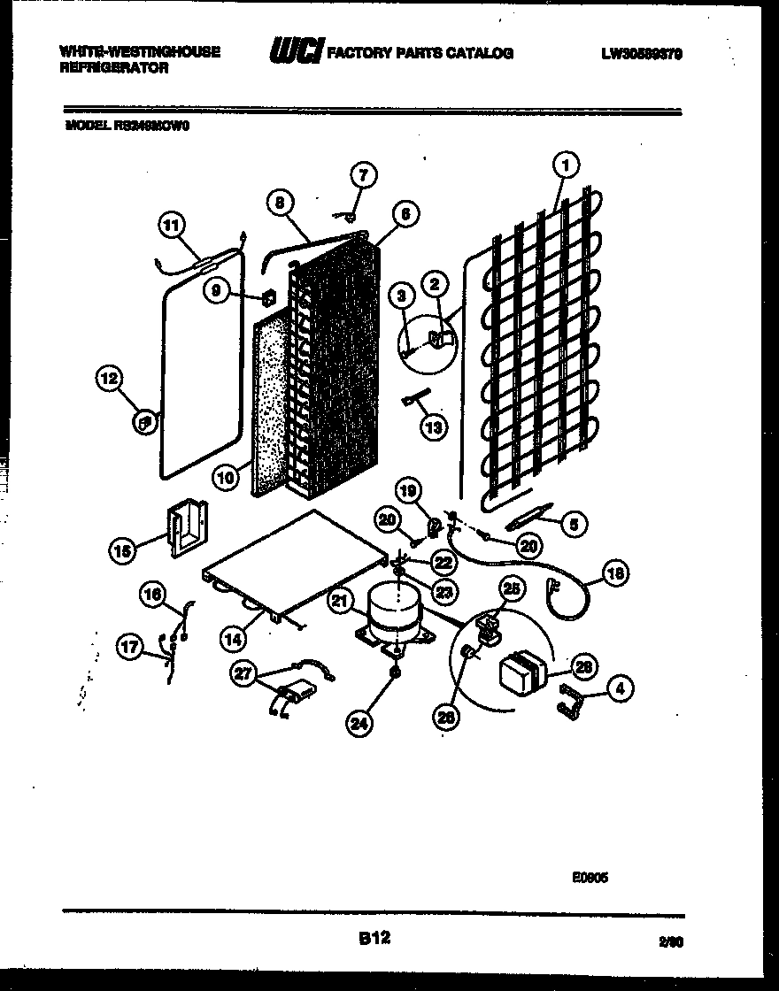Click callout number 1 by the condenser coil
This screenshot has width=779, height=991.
pyautogui.click(x=566, y=163)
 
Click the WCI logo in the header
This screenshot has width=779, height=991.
pyautogui.click(x=296, y=52)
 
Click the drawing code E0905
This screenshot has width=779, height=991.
pyautogui.click(x=590, y=879)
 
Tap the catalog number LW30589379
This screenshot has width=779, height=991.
pyautogui.click(x=641, y=53)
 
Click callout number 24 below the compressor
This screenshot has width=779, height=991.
pyautogui.click(x=359, y=725)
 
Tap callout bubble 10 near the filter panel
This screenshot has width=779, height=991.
pyautogui.click(x=226, y=479)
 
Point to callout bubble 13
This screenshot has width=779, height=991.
pyautogui.click(x=433, y=427)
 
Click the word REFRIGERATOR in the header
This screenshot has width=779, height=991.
pyautogui.click(x=113, y=68)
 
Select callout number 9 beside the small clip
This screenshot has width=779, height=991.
pyautogui.click(x=216, y=292)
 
